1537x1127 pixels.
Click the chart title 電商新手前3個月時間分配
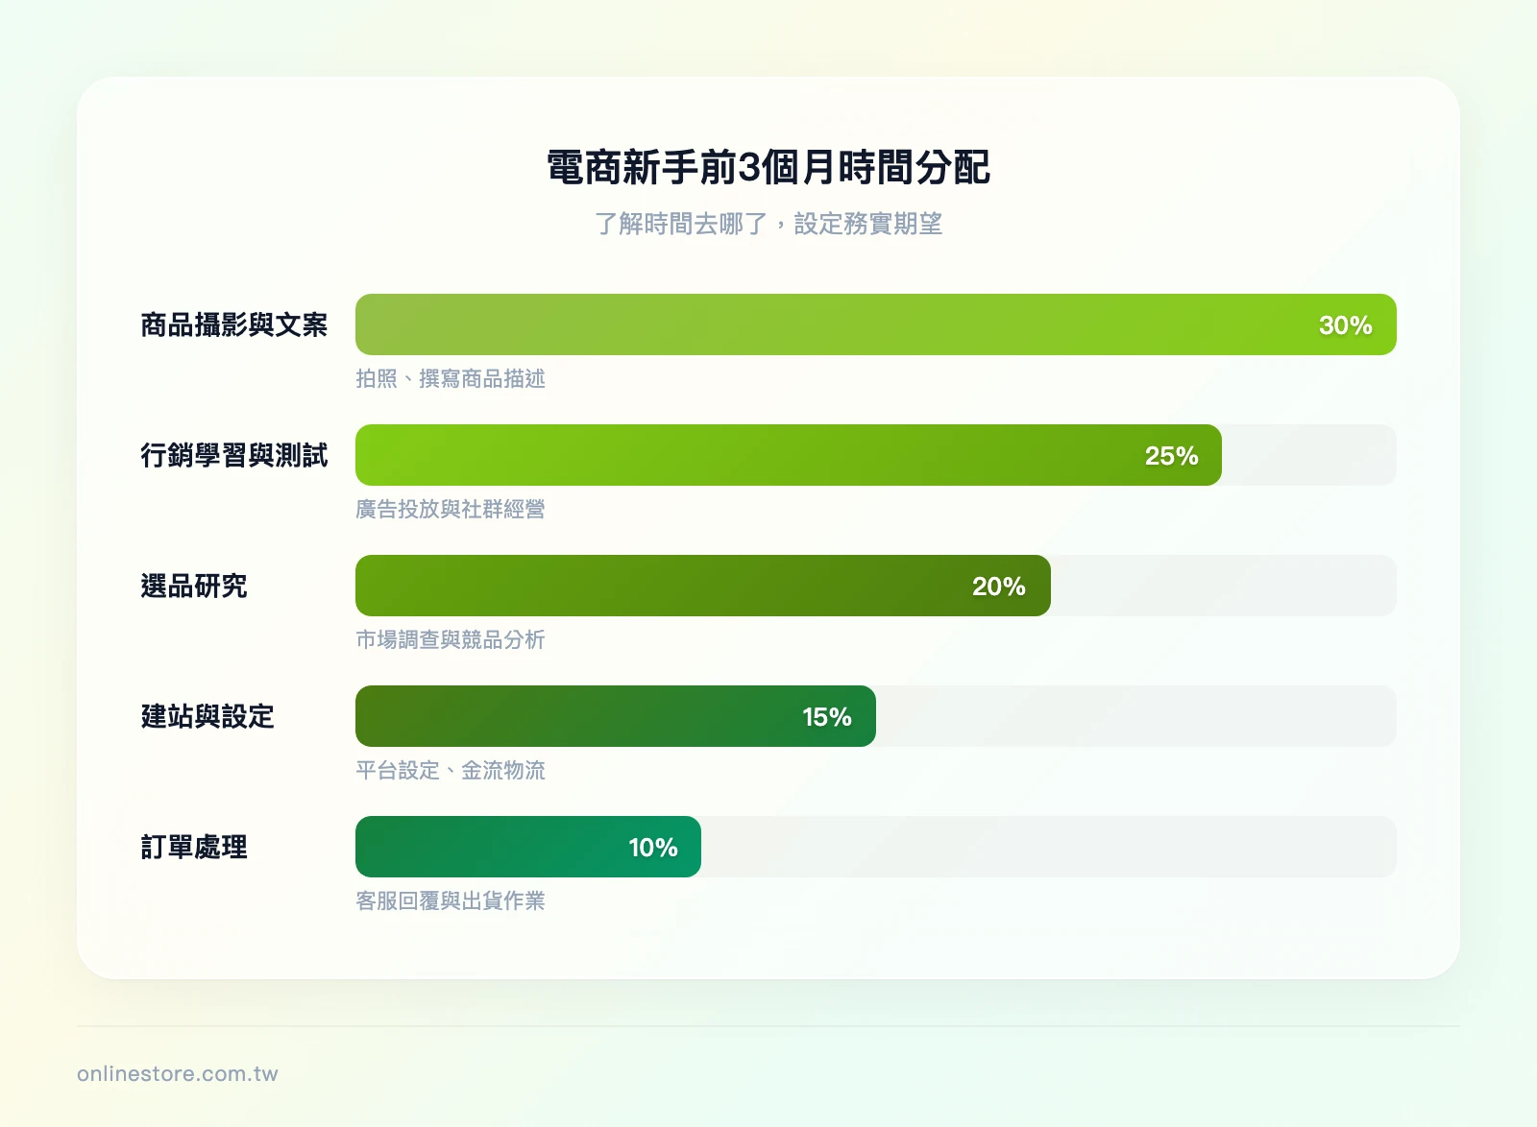click(x=768, y=168)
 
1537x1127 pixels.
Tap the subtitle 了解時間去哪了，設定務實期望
click(x=768, y=224)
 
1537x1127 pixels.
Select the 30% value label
click(x=1345, y=325)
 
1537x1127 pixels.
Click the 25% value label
click(x=1171, y=456)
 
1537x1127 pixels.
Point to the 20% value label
click(x=998, y=587)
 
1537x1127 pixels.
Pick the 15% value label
click(x=826, y=717)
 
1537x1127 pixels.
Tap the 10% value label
click(x=652, y=848)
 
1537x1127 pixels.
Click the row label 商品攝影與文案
click(x=233, y=325)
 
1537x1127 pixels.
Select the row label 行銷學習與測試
click(x=233, y=456)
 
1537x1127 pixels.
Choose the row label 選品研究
click(x=193, y=587)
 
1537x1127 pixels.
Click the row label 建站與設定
click(x=207, y=717)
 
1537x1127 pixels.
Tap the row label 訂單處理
click(x=193, y=848)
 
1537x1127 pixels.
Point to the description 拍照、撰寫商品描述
click(x=450, y=379)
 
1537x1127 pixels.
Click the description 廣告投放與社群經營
click(x=450, y=510)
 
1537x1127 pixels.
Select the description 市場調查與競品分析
click(x=450, y=640)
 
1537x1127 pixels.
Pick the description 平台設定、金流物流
click(x=450, y=771)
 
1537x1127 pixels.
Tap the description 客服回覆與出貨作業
click(x=450, y=901)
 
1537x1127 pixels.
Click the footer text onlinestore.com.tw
click(x=178, y=1074)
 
